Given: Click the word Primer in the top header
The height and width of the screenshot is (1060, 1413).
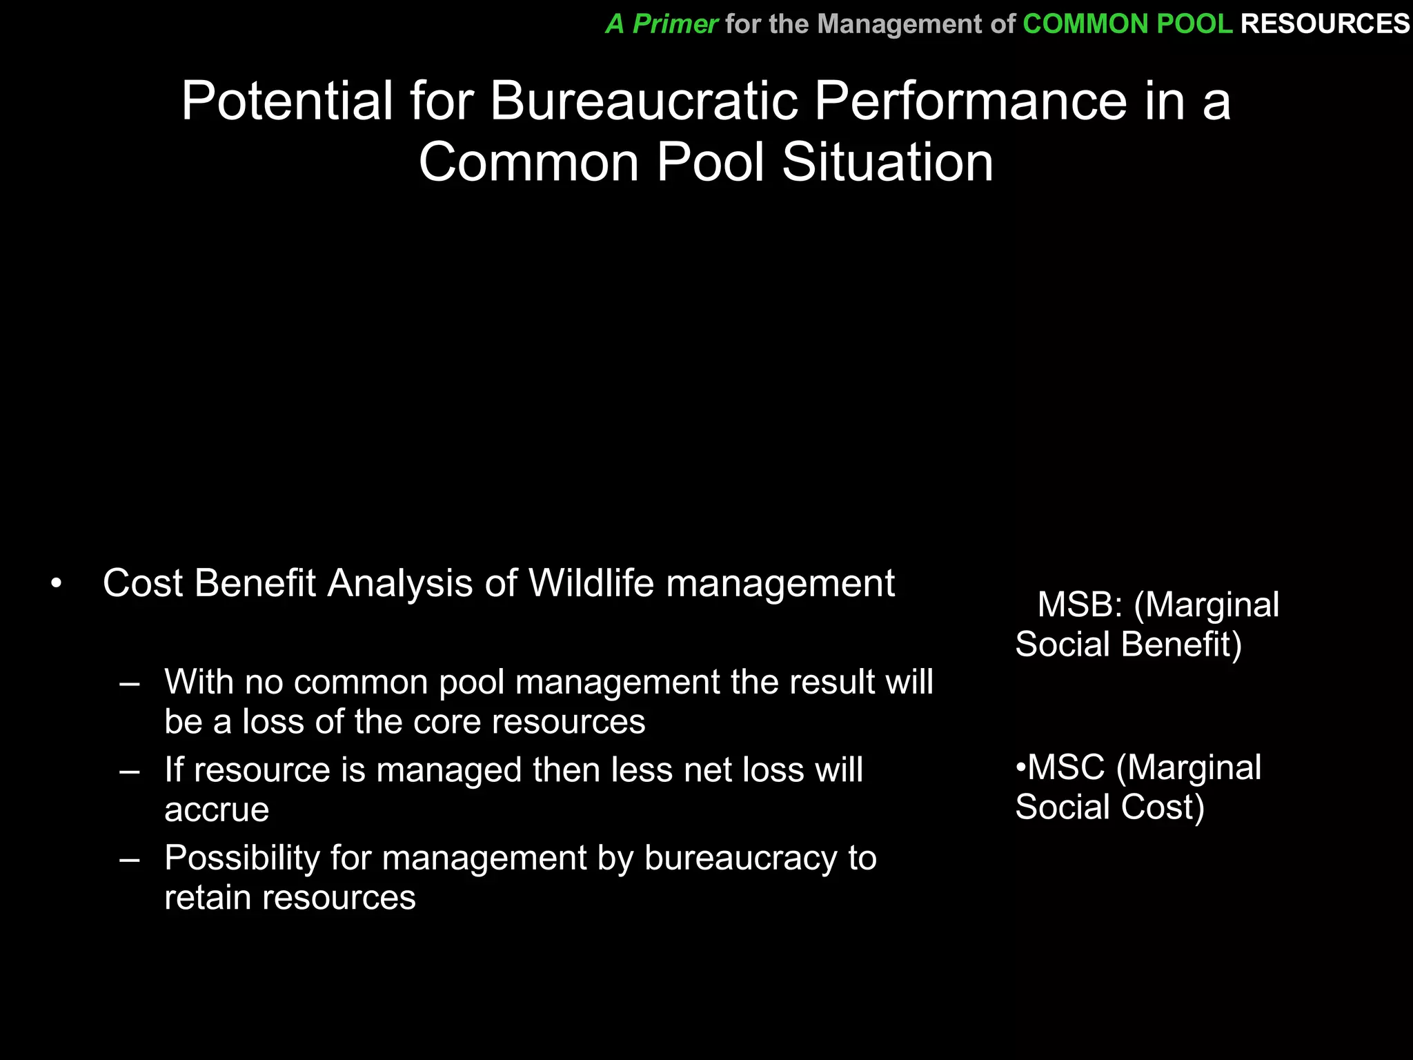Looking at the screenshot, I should point(675,24).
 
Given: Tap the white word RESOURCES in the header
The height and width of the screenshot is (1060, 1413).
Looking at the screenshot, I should point(1325,24).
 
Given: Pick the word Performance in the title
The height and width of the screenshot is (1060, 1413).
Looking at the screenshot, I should point(970,101).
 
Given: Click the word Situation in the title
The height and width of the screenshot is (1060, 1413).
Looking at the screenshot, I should point(887,163).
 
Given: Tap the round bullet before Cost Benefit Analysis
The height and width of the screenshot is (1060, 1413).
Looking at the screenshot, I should point(57,585).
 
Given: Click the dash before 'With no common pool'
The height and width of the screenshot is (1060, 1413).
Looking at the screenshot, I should point(130,684).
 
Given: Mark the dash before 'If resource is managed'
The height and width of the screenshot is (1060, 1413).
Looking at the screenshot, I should point(130,772).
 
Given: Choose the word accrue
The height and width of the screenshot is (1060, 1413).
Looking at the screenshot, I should point(217,810).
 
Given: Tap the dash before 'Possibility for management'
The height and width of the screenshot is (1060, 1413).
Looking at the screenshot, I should point(130,860).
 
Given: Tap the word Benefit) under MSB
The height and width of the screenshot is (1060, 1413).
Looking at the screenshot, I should point(1181,645).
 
